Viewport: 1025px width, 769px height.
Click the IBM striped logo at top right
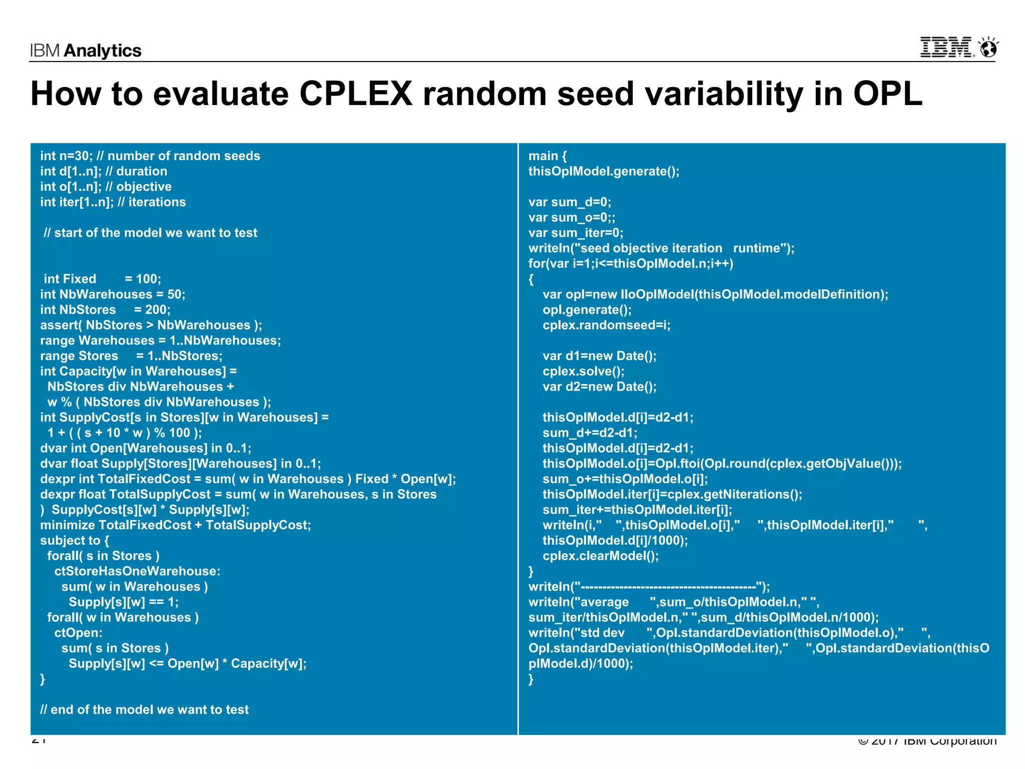(946, 48)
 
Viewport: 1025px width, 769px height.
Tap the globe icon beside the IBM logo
(988, 48)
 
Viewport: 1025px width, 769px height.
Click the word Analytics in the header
(103, 51)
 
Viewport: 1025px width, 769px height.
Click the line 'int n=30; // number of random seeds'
(150, 156)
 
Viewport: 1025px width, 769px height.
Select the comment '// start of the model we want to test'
(150, 233)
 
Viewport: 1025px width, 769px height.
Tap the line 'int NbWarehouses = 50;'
(113, 294)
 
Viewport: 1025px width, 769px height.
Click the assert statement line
(151, 325)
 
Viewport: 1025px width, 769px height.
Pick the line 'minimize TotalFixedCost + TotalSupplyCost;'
(176, 525)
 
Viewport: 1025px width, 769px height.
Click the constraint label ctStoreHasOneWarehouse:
(137, 571)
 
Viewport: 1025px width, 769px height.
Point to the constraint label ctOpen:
(78, 633)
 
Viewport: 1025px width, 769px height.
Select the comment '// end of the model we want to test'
(144, 709)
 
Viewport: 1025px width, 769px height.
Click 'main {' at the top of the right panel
(548, 156)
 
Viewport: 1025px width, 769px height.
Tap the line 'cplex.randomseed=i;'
(606, 325)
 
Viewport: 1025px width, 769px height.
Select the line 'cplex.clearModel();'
(601, 556)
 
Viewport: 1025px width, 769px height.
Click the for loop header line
(631, 263)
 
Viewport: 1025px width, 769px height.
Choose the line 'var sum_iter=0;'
(576, 233)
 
